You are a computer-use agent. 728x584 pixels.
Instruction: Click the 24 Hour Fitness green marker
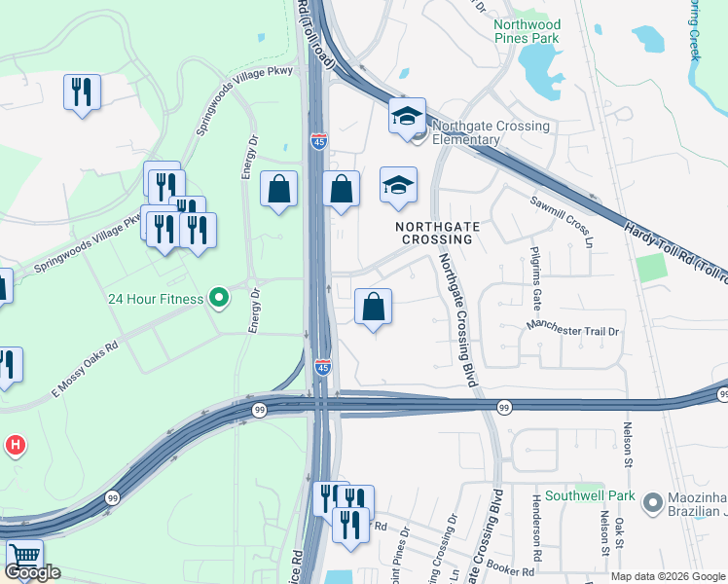click(219, 298)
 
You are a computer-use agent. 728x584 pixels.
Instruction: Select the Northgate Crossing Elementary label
click(491, 132)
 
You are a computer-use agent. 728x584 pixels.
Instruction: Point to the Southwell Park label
click(589, 495)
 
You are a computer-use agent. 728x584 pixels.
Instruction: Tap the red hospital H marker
click(16, 447)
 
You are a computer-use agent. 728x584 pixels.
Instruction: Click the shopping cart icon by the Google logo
click(24, 557)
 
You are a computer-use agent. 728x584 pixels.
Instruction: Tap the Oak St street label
click(619, 534)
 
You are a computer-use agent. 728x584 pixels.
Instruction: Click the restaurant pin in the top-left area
click(82, 92)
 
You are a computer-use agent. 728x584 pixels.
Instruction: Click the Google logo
click(32, 572)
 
